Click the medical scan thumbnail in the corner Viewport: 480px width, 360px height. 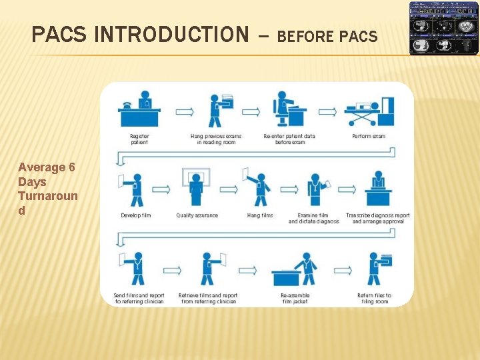443,27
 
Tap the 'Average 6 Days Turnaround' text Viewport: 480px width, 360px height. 47,189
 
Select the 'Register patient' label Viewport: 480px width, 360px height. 139,139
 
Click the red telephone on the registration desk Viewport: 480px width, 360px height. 127,106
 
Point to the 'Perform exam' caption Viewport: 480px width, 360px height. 369,137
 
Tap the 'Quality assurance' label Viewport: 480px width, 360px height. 197,215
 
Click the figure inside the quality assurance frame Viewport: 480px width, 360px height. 196,186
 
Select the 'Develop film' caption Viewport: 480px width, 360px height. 136,215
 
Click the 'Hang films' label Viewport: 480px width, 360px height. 260,215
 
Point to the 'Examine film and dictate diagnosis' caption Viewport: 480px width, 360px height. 313,218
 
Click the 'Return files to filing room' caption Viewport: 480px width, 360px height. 374,298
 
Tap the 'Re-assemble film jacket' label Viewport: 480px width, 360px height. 295,298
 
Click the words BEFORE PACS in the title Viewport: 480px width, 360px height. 327,36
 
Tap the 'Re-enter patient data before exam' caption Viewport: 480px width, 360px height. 289,139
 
